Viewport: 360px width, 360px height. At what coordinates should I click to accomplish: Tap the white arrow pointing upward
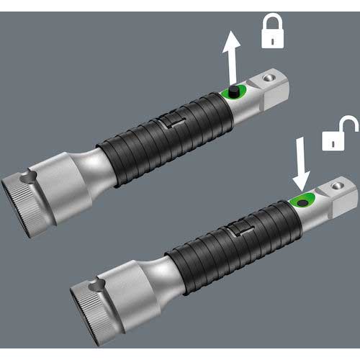click(x=231, y=60)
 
